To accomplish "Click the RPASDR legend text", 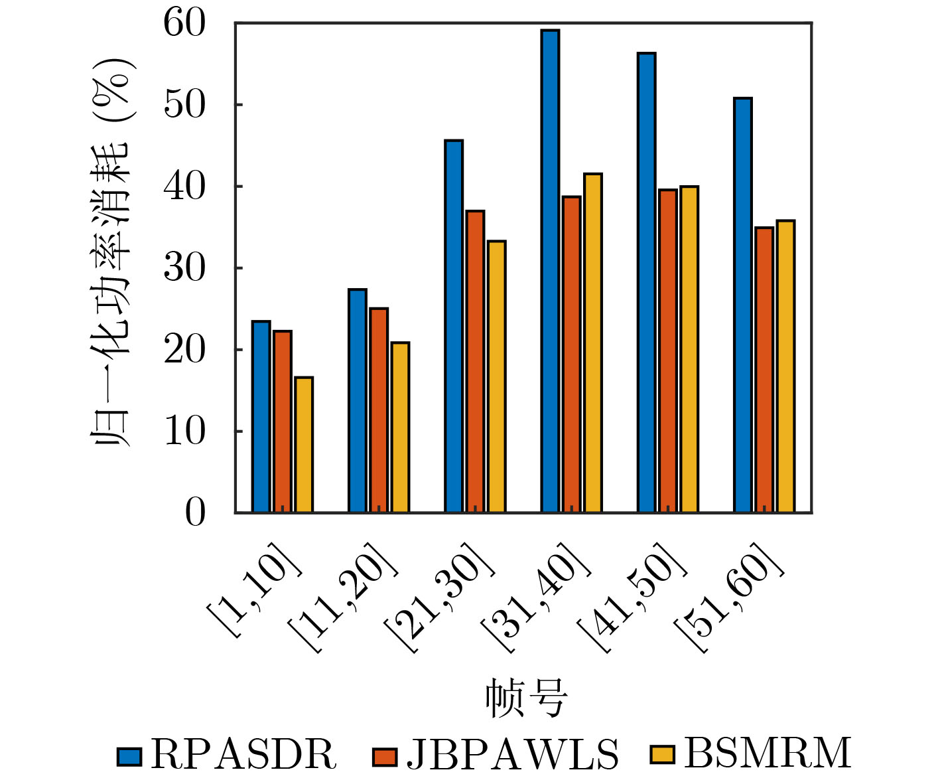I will coord(243,754).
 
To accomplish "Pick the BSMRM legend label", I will coord(768,753).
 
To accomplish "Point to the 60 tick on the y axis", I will coord(185,24).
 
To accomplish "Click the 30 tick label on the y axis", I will coord(185,268).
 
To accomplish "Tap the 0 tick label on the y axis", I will coord(196,512).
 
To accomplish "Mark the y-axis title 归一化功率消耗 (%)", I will coord(111,252).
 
